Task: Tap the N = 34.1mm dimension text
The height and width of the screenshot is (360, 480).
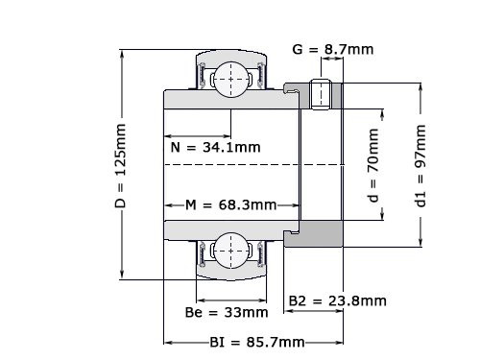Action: [x=215, y=148]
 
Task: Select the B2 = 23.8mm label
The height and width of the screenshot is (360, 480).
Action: [x=338, y=300]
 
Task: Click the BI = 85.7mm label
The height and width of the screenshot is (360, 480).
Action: [x=257, y=342]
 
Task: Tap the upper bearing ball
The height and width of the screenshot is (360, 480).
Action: [x=230, y=78]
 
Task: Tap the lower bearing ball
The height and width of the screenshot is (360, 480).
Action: [x=230, y=252]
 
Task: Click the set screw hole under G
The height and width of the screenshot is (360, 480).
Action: [x=324, y=94]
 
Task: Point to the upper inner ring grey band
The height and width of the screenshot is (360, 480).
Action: [x=226, y=101]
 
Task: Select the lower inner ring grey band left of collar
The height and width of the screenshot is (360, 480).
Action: [x=226, y=229]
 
